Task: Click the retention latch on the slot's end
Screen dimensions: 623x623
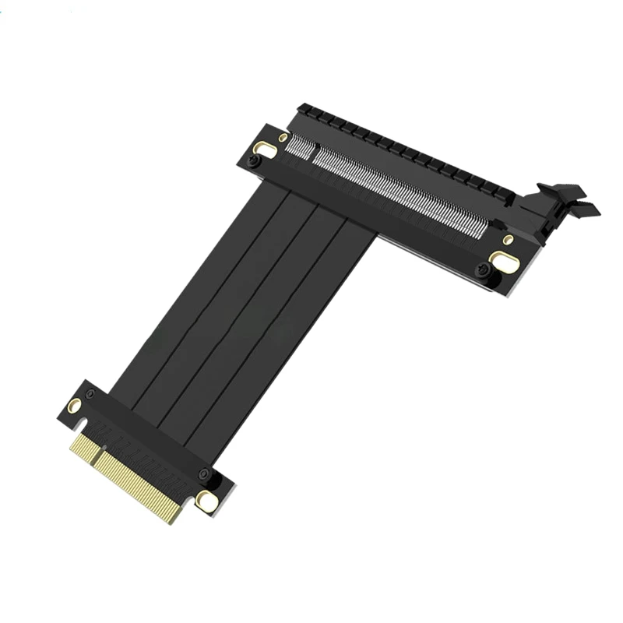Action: coord(562,204)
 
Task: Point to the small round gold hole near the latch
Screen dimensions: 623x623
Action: coord(508,239)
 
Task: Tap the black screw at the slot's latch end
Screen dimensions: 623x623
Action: coord(483,270)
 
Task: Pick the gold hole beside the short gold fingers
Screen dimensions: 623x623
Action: coord(74,405)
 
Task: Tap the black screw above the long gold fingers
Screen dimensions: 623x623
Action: coord(203,475)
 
